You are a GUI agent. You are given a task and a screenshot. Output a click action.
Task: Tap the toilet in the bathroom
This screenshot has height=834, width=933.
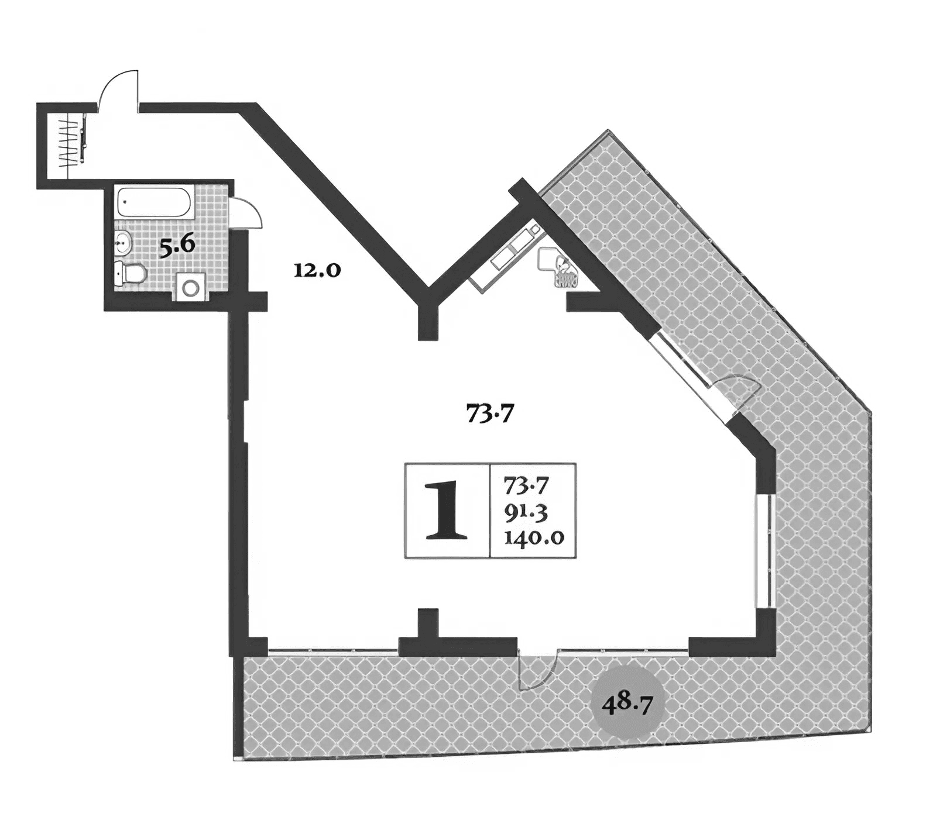coord(129,273)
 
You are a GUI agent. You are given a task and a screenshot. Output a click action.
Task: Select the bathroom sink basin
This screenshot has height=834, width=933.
coord(123,241)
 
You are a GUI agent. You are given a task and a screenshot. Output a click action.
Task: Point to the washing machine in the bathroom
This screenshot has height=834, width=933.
coord(190,288)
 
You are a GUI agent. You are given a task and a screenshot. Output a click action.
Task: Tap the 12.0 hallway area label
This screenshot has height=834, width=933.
coord(317,271)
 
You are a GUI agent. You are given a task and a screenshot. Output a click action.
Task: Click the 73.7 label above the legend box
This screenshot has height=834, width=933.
coord(489,414)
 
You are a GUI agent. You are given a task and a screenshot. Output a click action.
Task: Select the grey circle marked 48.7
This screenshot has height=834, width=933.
coord(627,702)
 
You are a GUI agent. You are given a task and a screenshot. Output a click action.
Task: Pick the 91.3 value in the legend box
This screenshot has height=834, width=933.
coord(525,512)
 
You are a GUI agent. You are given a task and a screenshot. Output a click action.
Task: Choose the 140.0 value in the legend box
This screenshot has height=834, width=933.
coord(533,536)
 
